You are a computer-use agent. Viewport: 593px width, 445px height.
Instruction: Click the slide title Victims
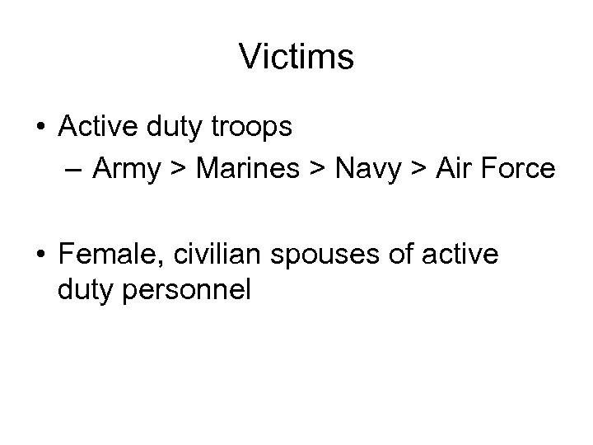coord(296,57)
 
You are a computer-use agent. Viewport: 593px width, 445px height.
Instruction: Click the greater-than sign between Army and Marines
coord(175,170)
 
